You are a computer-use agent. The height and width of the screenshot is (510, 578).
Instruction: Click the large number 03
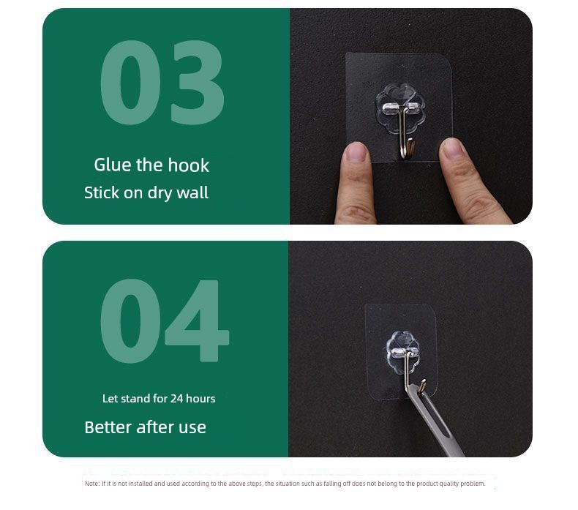(162, 82)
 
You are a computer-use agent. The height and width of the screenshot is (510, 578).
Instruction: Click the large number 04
(165, 320)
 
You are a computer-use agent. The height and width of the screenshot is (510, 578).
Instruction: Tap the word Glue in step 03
(113, 165)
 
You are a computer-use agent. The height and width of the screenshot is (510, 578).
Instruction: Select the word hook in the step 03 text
(189, 165)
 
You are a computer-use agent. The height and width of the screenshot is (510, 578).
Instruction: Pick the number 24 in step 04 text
(176, 399)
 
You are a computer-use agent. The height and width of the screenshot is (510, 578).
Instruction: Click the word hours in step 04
(200, 399)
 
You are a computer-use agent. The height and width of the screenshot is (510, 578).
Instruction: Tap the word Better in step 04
(108, 427)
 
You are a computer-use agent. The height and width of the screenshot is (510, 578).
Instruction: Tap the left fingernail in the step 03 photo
(356, 151)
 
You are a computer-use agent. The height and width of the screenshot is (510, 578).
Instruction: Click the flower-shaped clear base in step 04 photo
(402, 352)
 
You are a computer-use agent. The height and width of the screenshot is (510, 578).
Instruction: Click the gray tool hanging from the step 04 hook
(435, 421)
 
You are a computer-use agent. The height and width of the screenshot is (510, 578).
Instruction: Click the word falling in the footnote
(333, 484)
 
